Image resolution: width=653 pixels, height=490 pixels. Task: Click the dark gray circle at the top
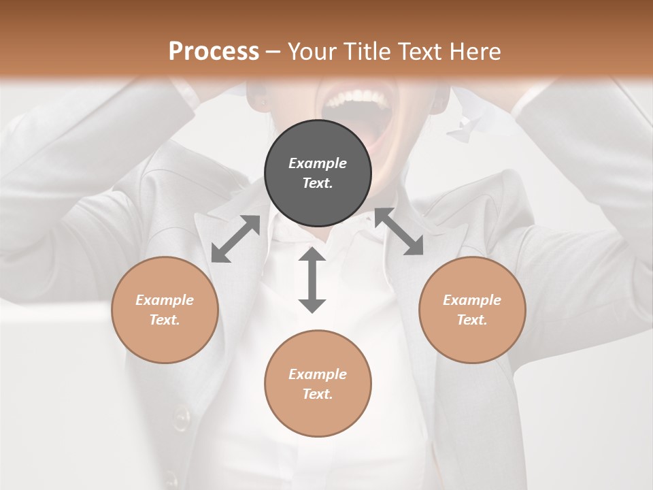point(318,174)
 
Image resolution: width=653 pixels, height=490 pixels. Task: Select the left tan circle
point(165,310)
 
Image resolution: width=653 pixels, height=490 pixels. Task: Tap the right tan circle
point(472,310)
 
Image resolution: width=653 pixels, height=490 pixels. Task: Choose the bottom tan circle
point(318,384)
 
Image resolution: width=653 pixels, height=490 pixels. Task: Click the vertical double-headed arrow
point(312,280)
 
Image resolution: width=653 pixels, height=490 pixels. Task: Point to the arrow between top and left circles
point(235,239)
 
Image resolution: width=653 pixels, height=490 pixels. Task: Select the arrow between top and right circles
point(399,232)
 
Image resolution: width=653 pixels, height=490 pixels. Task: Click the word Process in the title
point(214,51)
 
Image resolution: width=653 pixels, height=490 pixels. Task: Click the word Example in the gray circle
point(318,163)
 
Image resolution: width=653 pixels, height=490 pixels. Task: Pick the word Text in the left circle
point(165,320)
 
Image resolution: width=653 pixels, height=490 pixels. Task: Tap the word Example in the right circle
point(472,300)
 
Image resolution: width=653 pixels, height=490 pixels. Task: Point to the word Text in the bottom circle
point(318,394)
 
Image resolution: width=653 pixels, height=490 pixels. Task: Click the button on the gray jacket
point(181,416)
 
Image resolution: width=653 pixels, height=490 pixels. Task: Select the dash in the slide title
point(273,51)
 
